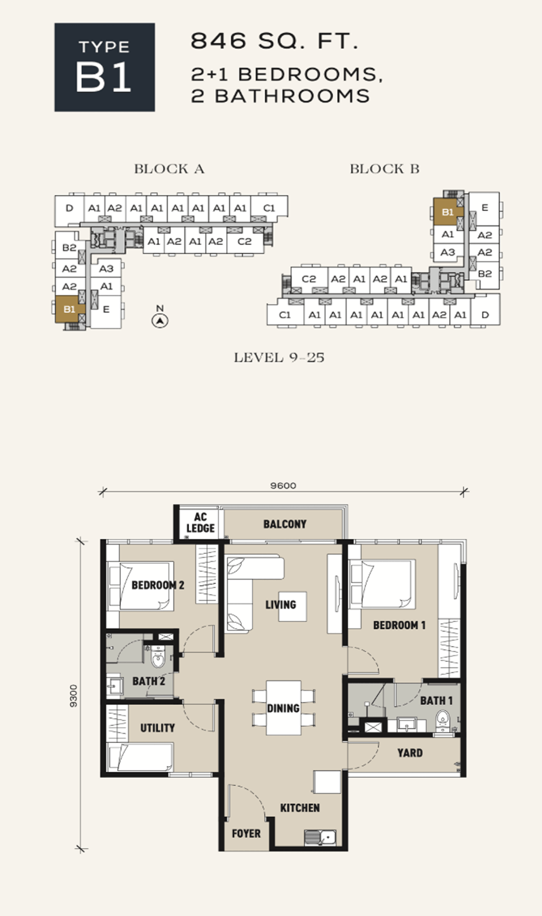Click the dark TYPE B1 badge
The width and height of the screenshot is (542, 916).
(x=104, y=67)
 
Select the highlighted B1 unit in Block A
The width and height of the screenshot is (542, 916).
(x=69, y=310)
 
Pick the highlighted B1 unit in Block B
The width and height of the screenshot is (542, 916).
(x=448, y=212)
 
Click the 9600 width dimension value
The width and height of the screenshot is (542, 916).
(x=283, y=486)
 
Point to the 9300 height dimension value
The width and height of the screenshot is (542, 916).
(x=73, y=696)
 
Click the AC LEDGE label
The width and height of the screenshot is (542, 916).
(x=201, y=523)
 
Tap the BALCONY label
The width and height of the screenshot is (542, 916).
(x=285, y=524)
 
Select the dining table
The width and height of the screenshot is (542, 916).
(x=284, y=708)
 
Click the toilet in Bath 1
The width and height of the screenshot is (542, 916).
(x=442, y=722)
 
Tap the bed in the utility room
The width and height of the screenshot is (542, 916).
(x=140, y=757)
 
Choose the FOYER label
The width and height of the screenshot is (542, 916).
(x=246, y=834)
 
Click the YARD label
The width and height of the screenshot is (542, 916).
(x=410, y=753)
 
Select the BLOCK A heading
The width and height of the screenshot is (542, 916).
(x=169, y=169)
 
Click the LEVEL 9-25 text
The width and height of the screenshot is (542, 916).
(x=279, y=357)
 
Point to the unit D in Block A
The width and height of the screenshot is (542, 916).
(x=69, y=208)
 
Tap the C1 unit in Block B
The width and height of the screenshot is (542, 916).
(x=285, y=315)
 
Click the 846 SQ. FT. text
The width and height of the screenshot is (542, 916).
(x=274, y=41)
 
